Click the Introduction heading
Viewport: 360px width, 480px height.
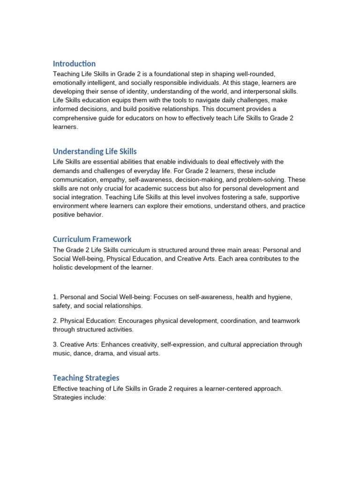tap(74, 64)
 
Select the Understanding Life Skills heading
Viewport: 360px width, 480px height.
tap(95, 151)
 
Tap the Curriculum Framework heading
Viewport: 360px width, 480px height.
tap(92, 239)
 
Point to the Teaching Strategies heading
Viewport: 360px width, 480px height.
tap(86, 378)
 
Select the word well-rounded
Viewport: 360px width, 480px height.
tap(256, 74)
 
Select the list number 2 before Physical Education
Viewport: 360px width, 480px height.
tap(55, 321)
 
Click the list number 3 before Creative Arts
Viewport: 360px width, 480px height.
tap(55, 345)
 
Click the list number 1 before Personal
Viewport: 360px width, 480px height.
tap(55, 297)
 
